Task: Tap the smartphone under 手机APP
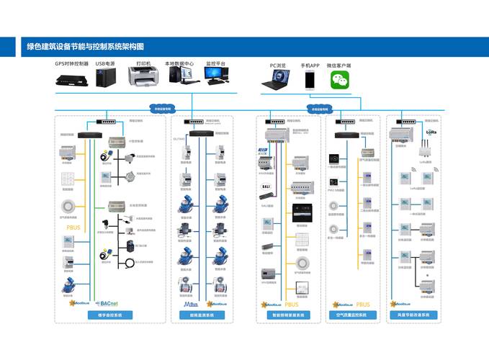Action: click(310, 80)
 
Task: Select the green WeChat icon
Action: click(339, 80)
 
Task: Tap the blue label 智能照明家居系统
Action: click(288, 315)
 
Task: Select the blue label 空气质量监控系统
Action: click(351, 315)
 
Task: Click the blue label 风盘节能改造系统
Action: click(413, 315)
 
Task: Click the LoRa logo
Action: click(431, 132)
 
